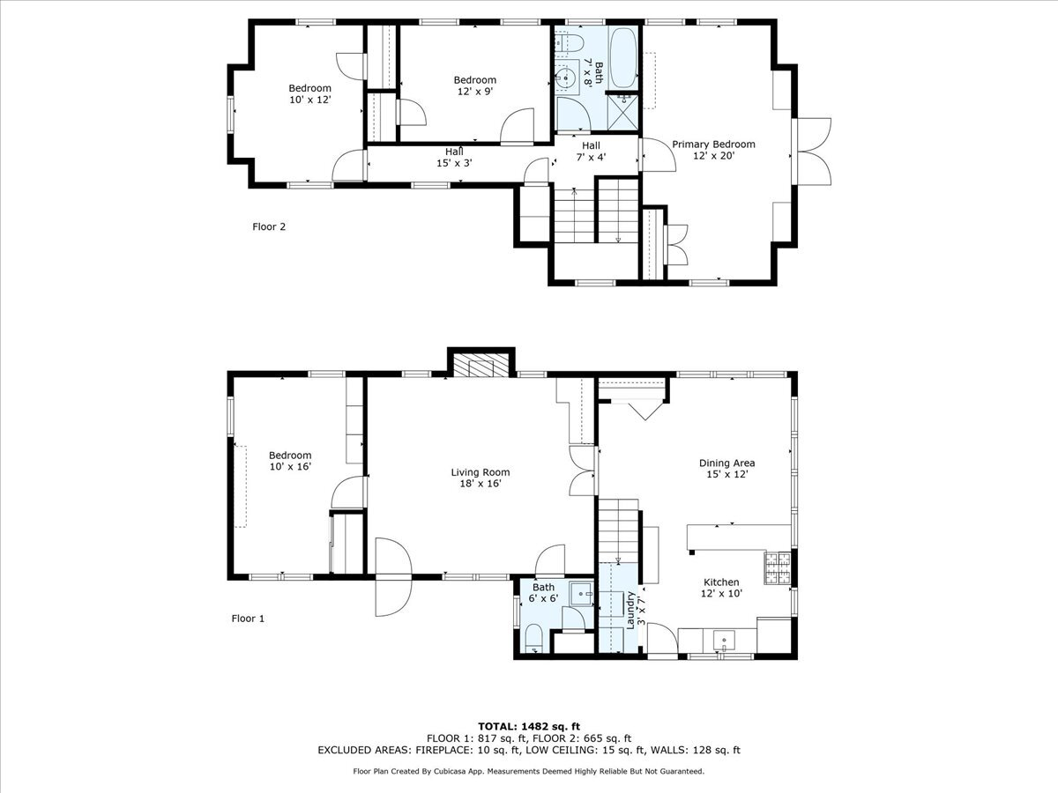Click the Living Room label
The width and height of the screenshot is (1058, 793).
click(481, 478)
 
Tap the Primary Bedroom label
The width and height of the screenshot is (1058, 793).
click(713, 150)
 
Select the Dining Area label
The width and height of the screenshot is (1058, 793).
click(726, 468)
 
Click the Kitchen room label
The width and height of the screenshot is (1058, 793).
click(721, 588)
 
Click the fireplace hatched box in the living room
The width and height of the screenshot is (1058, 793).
click(481, 366)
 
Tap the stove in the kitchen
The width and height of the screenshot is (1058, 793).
click(777, 568)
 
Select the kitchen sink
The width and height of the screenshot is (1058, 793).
click(724, 640)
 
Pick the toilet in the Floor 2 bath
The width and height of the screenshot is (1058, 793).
click(570, 41)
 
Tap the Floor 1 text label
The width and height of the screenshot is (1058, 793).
click(247, 619)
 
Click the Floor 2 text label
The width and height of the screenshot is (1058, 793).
click(269, 226)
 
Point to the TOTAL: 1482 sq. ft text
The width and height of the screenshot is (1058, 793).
click(529, 725)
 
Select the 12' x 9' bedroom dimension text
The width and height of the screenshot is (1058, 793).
click(474, 91)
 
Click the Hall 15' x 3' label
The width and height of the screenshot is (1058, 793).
click(454, 158)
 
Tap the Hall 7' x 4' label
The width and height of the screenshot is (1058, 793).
click(590, 151)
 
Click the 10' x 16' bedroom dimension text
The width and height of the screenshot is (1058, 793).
click(290, 466)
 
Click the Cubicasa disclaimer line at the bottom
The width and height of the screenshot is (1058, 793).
click(529, 772)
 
